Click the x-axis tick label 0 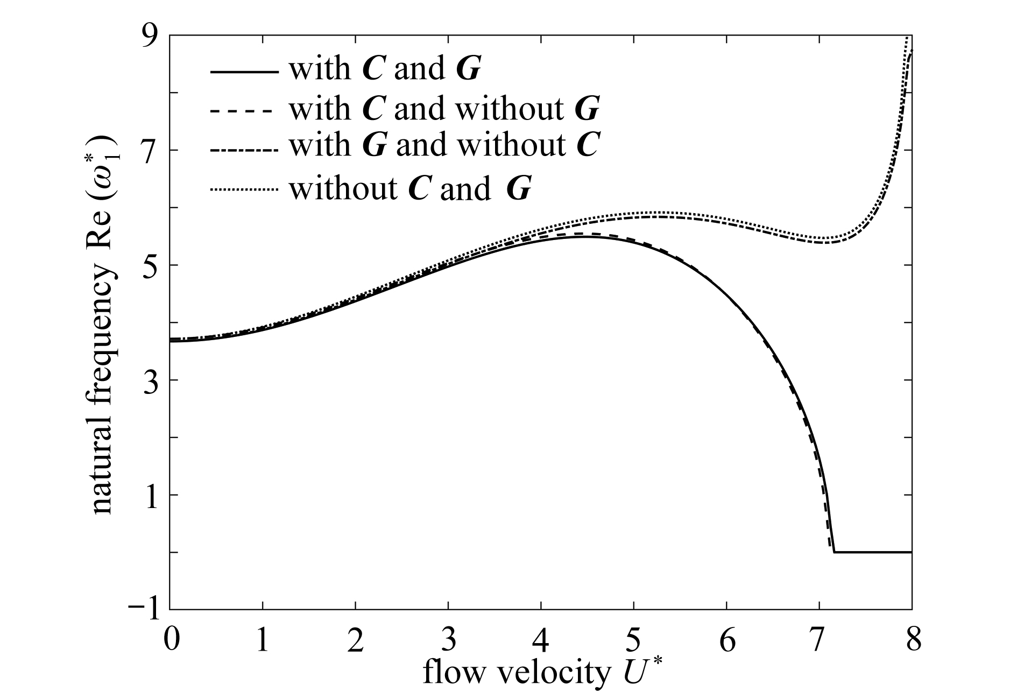[171, 642]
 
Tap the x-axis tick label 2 [356, 642]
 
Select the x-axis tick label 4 [541, 642]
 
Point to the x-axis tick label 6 [727, 642]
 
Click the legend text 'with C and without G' [444, 109]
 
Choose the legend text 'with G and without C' [444, 145]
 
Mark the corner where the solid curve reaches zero [834, 552]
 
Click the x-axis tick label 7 [820, 642]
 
